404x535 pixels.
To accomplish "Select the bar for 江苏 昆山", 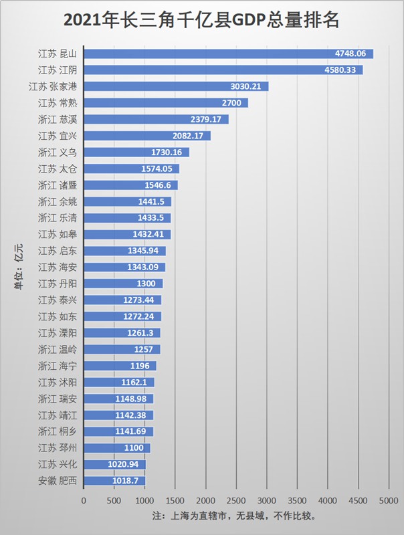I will pyautogui.click(x=228, y=53).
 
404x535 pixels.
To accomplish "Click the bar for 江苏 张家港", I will pyautogui.click(x=176, y=86).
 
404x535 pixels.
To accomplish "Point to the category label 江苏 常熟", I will pyautogui.click(x=58, y=103).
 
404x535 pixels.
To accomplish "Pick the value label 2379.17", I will pyautogui.click(x=209, y=119).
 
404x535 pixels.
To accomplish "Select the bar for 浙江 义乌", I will pyautogui.click(x=136, y=152).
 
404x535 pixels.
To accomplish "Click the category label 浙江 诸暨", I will pyautogui.click(x=58, y=185).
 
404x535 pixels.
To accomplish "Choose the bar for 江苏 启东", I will pyautogui.click(x=124, y=251).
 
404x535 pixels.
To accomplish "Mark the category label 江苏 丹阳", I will pyautogui.click(x=58, y=284).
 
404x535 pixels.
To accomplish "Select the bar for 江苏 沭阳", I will pyautogui.click(x=119, y=383).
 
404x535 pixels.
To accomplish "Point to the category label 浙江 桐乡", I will pyautogui.click(x=58, y=431).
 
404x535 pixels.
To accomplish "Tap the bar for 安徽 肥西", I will pyautogui.click(x=114, y=481).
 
